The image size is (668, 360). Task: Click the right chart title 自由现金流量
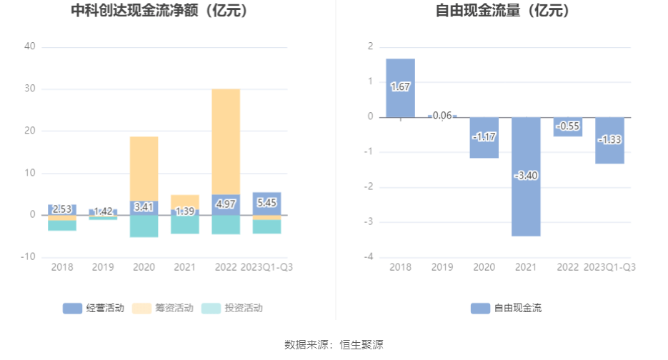pyautogui.click(x=503, y=11)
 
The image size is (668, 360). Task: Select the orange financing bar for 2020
pyautogui.click(x=144, y=169)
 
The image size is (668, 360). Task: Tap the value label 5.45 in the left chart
pyautogui.click(x=266, y=203)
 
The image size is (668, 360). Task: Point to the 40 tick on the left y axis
pyautogui.click(x=29, y=46)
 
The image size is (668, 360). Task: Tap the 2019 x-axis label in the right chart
pyautogui.click(x=442, y=267)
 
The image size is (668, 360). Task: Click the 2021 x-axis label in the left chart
pyautogui.click(x=184, y=267)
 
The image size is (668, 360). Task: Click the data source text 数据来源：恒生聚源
pyautogui.click(x=334, y=345)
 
